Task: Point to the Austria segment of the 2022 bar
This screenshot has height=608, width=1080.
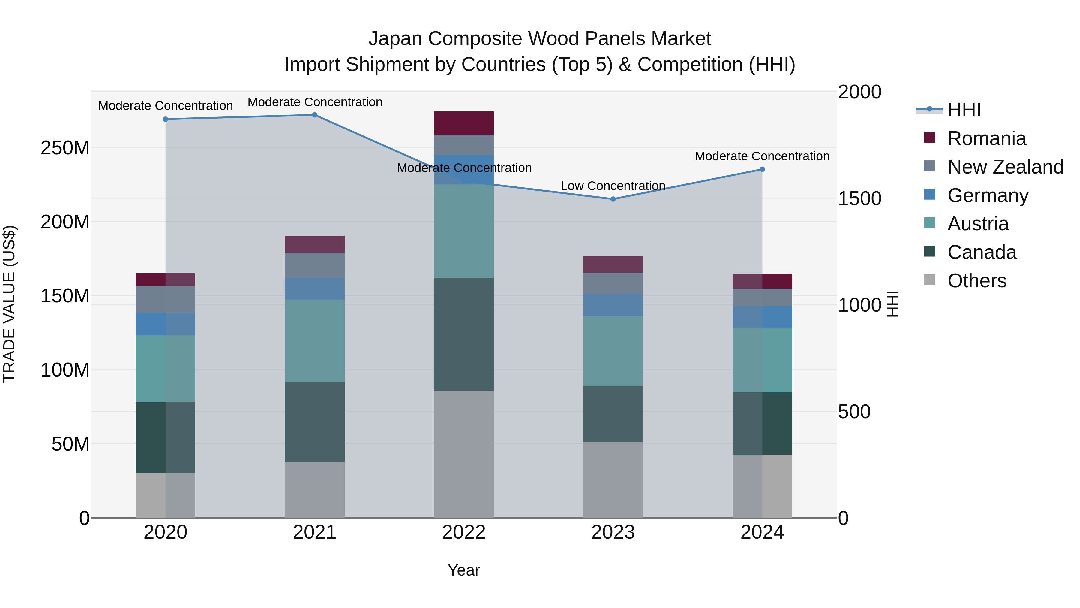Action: (x=464, y=231)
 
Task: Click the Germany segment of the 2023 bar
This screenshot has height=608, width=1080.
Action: (x=613, y=305)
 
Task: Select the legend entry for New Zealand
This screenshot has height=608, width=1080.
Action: (x=1005, y=167)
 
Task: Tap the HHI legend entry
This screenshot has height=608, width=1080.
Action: (x=964, y=110)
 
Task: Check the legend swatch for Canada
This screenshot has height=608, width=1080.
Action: (x=929, y=252)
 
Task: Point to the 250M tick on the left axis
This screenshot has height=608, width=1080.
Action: (x=65, y=148)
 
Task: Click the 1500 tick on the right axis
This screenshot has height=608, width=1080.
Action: (x=859, y=198)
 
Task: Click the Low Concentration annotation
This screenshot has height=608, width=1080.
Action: (x=613, y=186)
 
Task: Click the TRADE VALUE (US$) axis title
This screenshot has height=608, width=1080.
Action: (x=9, y=304)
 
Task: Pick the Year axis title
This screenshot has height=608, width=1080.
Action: (x=464, y=570)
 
